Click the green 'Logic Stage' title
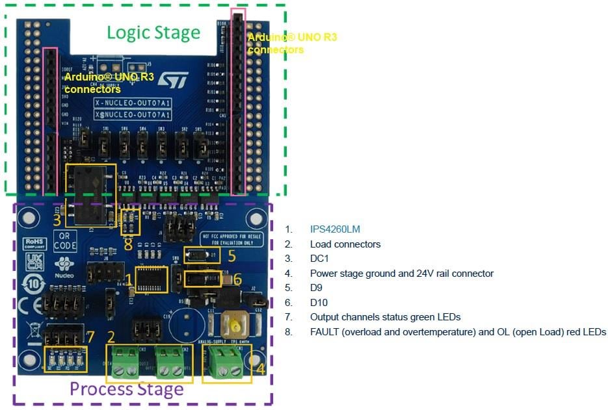click(153, 32)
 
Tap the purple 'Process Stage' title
click(126, 389)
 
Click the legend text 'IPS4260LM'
click(335, 229)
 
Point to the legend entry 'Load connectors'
click(345, 244)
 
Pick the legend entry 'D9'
click(317, 288)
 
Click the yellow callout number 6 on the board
click(237, 279)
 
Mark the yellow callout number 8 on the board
click(128, 244)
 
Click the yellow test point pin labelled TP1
click(232, 323)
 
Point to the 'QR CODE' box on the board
click(65, 242)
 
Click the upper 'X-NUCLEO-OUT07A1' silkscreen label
click(133, 103)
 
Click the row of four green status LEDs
click(65, 358)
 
